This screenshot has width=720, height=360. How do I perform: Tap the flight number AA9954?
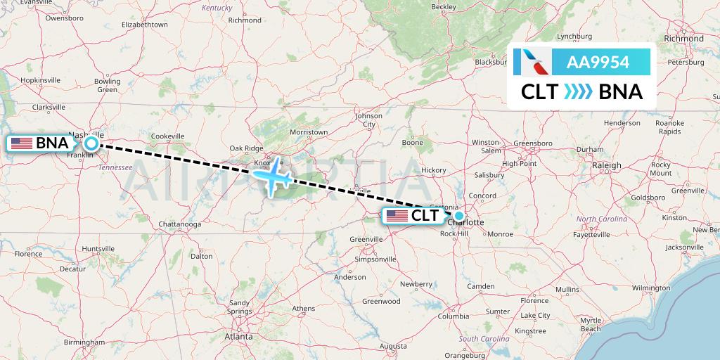(598, 63)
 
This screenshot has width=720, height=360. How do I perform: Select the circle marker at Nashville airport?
(91, 143)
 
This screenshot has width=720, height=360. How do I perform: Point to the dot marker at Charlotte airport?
(459, 216)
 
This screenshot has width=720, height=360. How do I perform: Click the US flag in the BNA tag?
(22, 143)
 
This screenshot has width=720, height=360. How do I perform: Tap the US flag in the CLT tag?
(397, 215)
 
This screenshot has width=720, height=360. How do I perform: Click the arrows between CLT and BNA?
(578, 92)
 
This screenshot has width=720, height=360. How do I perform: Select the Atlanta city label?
(238, 337)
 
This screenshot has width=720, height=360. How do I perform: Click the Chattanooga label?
(180, 224)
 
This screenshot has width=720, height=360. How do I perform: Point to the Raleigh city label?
(606, 165)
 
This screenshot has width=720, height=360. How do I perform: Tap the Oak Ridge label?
(246, 148)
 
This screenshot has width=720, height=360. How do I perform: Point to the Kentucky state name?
(217, 8)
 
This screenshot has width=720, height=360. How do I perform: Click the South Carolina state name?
(484, 339)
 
